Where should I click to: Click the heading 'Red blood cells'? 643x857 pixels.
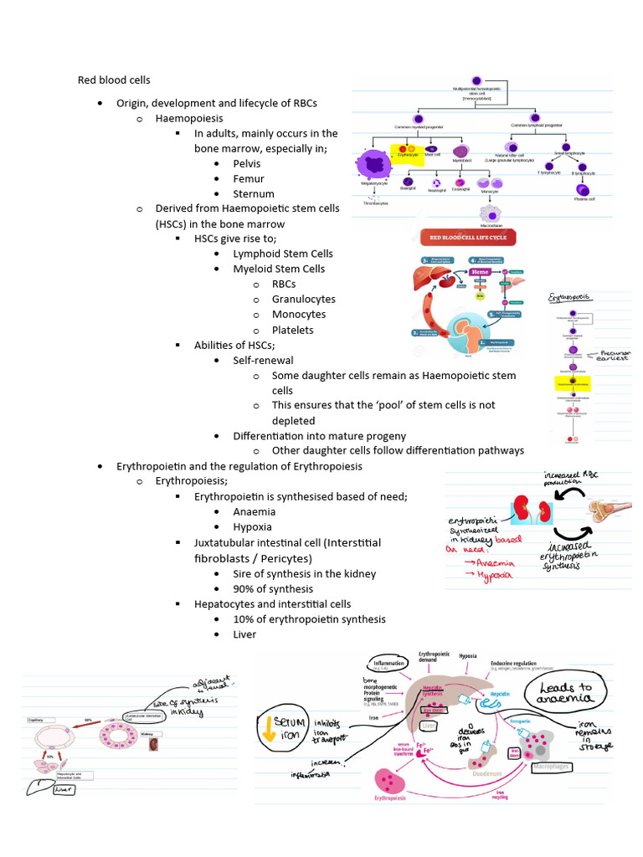tap(114, 80)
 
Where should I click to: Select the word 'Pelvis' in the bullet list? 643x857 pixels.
tap(247, 163)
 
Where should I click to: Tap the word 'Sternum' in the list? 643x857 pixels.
tap(254, 193)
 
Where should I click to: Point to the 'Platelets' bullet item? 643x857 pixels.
tap(292, 330)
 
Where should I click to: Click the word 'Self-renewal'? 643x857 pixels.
tap(263, 360)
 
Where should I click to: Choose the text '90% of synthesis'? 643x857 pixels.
tap(273, 588)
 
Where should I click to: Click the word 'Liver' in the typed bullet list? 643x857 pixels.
tap(244, 634)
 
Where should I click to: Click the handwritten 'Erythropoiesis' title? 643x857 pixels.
tap(568, 297)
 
